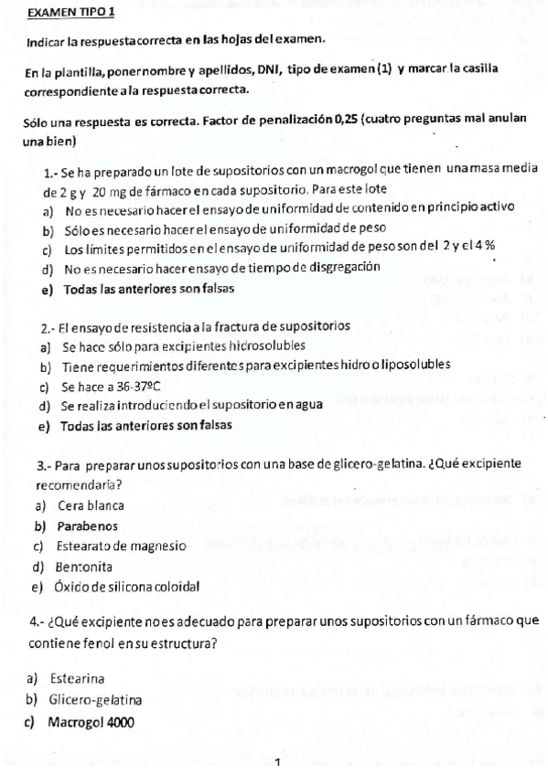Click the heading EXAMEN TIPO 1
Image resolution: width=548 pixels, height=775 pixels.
71,14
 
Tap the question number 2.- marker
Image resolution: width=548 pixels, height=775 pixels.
49,327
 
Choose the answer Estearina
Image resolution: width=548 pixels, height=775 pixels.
78,680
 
